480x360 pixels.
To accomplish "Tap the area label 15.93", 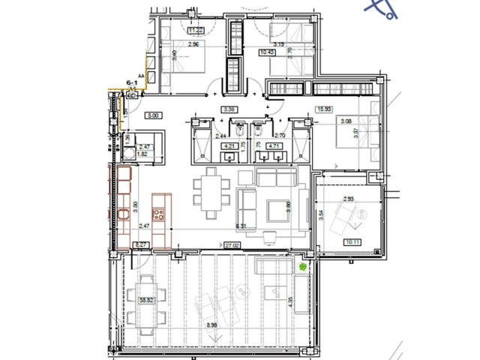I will click(325, 109).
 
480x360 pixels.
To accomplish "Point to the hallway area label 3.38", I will click(228, 109).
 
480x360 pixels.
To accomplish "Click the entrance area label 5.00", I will click(153, 115).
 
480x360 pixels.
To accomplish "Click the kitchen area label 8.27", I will click(140, 244).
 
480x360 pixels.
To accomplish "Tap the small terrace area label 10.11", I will click(352, 242).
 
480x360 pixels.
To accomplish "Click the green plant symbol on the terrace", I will click(302, 265).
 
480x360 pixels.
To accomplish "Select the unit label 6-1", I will click(134, 83).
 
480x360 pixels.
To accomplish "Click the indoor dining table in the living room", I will click(209, 192).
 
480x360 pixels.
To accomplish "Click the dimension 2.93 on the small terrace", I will click(349, 199).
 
